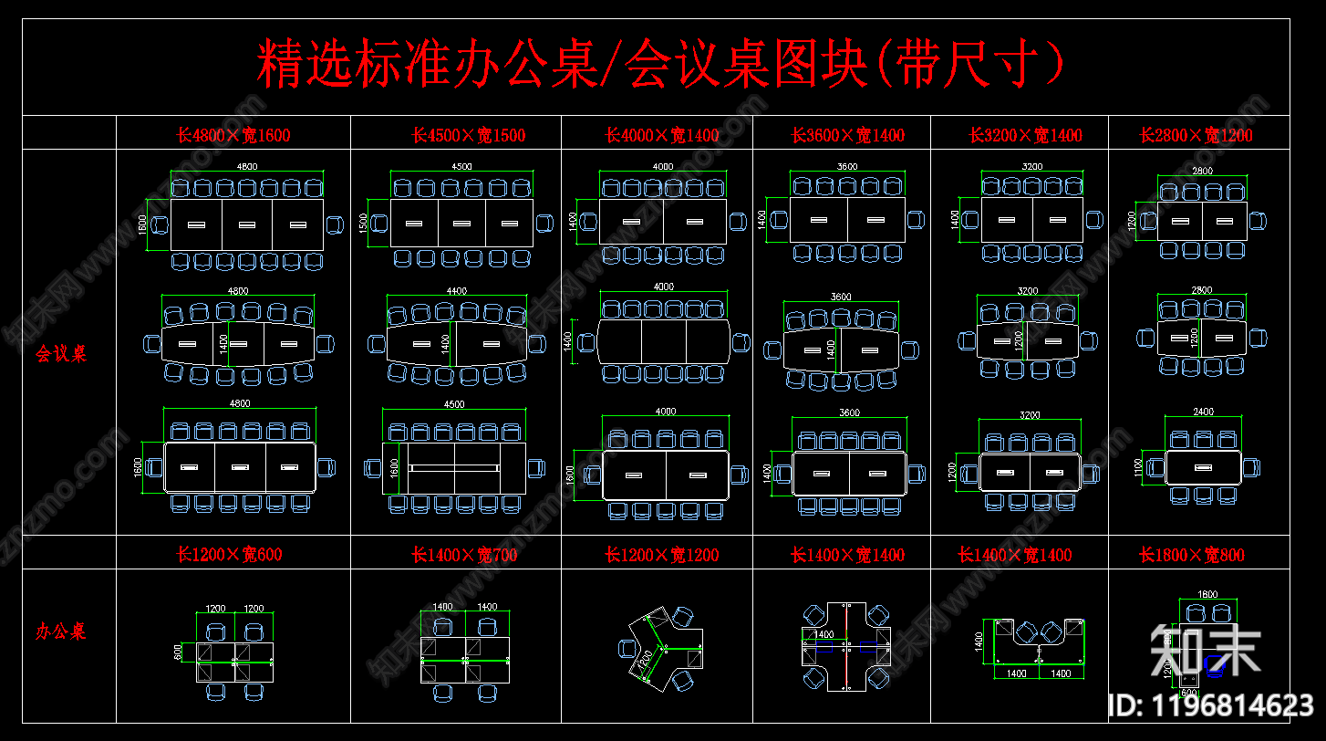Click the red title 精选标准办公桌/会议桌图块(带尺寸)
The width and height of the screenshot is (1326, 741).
(x=660, y=64)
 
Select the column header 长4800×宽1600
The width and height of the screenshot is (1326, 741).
(x=233, y=136)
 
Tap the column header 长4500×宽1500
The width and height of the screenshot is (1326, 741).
(x=469, y=136)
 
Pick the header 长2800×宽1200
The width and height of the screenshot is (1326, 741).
(x=1197, y=136)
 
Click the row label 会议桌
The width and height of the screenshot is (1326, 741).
(x=61, y=354)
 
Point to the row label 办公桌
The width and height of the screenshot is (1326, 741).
(x=61, y=631)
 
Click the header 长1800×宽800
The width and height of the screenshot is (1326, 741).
(x=1192, y=555)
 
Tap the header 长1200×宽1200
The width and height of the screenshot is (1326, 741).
(x=662, y=555)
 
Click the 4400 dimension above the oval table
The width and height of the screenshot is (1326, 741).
(x=456, y=291)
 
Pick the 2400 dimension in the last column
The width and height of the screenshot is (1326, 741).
(x=1204, y=412)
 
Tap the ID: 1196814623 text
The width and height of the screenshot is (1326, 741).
(x=1210, y=704)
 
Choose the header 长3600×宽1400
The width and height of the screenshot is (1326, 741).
(x=848, y=136)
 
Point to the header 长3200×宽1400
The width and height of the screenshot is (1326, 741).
(x=1025, y=136)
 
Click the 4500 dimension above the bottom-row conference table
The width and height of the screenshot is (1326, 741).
(x=453, y=404)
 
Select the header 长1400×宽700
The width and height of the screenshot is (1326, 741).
(x=464, y=555)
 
